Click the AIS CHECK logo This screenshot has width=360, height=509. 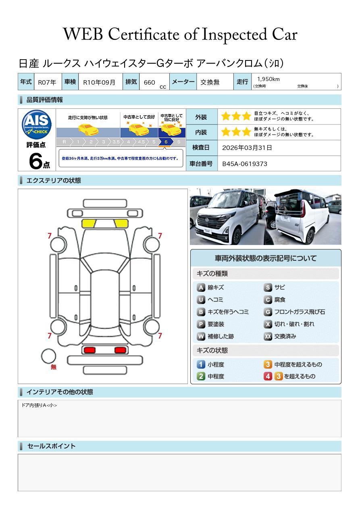37,124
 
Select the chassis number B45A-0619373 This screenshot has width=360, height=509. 245,164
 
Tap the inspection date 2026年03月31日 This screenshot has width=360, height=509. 247,148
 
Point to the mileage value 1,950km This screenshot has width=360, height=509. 268,79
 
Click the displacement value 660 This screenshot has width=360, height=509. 149,82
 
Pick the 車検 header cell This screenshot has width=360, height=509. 70,81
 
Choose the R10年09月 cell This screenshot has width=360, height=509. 99,82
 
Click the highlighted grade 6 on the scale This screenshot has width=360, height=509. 166,142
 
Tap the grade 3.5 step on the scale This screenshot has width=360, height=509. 116,142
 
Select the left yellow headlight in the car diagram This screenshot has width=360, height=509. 89,224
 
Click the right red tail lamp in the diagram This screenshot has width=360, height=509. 120,350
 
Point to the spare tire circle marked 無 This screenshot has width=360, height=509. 48,356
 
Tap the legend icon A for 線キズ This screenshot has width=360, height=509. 201,288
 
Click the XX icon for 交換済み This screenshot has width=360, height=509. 268,337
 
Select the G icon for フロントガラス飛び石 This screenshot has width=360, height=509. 268,312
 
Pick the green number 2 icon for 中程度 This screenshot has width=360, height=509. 201,376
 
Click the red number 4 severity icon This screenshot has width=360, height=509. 268,376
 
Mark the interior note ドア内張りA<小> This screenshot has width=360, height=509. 39,405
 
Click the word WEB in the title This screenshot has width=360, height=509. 83,34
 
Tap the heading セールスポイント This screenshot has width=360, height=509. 51,446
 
